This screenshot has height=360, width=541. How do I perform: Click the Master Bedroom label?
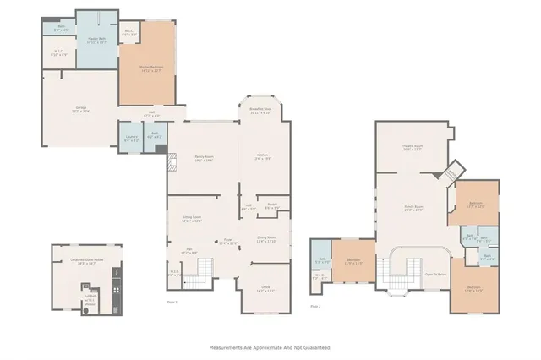pos(150,67)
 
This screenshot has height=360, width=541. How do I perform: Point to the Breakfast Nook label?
pos(260,111)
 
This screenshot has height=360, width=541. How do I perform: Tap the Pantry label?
pos(273,205)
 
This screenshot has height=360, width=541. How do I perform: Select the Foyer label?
pos(227,242)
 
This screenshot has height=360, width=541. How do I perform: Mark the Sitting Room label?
pos(192,218)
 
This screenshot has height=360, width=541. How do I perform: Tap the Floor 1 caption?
pos(172,302)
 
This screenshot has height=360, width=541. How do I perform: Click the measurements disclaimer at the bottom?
pos(270,347)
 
